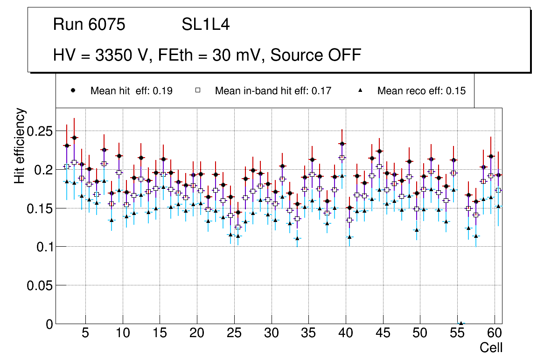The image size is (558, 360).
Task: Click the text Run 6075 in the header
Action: [x=89, y=25]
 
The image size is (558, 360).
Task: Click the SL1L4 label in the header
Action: [x=205, y=25]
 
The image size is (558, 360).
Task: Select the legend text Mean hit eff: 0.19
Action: [x=132, y=91]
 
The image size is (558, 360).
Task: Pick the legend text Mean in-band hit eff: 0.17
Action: [x=273, y=91]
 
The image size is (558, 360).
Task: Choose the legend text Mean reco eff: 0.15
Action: [x=421, y=91]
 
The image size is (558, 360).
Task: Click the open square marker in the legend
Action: [x=198, y=90]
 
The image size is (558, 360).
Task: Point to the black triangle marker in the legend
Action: [x=360, y=90]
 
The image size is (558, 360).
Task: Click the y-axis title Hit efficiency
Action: [x=20, y=145]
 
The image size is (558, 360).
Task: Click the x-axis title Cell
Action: [x=491, y=347]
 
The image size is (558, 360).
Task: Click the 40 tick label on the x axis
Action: [x=346, y=334]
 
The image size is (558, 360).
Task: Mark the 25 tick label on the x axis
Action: [x=234, y=334]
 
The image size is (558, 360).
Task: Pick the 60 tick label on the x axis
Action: [x=495, y=334]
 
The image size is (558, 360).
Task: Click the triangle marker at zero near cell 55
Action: [x=461, y=323]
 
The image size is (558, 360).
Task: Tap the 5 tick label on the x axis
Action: [x=85, y=334]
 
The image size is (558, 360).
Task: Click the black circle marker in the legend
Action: [x=73, y=90]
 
